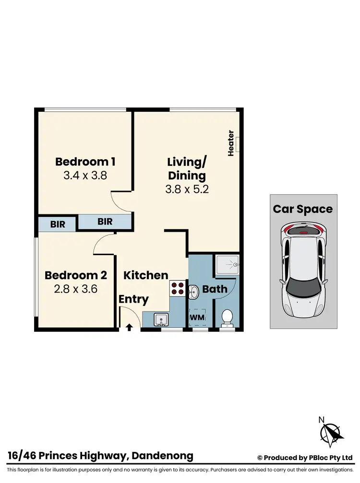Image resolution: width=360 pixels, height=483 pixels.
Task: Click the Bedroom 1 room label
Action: point(85,161)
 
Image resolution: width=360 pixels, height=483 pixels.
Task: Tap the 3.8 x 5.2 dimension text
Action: point(187,189)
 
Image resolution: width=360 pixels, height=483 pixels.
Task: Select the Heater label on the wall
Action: point(231,143)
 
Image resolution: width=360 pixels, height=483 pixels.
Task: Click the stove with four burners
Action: point(177,287)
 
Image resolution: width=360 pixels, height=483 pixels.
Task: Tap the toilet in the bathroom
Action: point(227,318)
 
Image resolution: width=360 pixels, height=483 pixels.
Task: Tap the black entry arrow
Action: point(129,328)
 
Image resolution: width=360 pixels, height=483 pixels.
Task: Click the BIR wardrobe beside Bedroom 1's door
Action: point(105,222)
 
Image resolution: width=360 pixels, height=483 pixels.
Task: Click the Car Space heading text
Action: point(303,209)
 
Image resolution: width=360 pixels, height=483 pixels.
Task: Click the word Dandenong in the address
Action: point(162,456)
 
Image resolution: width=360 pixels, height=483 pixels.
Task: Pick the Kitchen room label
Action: point(146,275)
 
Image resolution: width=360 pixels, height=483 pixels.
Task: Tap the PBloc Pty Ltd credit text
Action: point(328,458)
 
